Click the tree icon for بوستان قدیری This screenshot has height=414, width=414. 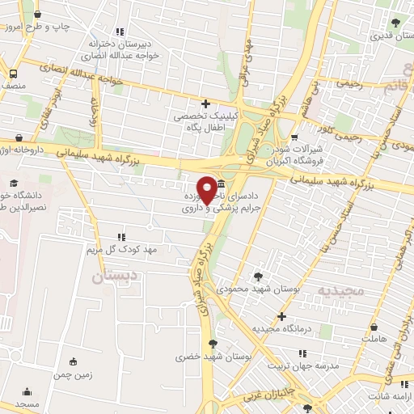(x=395, y=24)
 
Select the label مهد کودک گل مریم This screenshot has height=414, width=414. (x=125, y=249)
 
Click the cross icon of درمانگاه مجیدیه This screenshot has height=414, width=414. (x=281, y=316)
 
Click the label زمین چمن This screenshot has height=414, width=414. (x=74, y=375)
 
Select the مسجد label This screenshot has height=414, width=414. (x=27, y=403)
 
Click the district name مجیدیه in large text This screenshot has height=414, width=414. (x=340, y=290)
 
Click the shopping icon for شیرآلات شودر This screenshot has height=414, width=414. (x=294, y=137)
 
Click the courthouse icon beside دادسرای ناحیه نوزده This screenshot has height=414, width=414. (x=222, y=174)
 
